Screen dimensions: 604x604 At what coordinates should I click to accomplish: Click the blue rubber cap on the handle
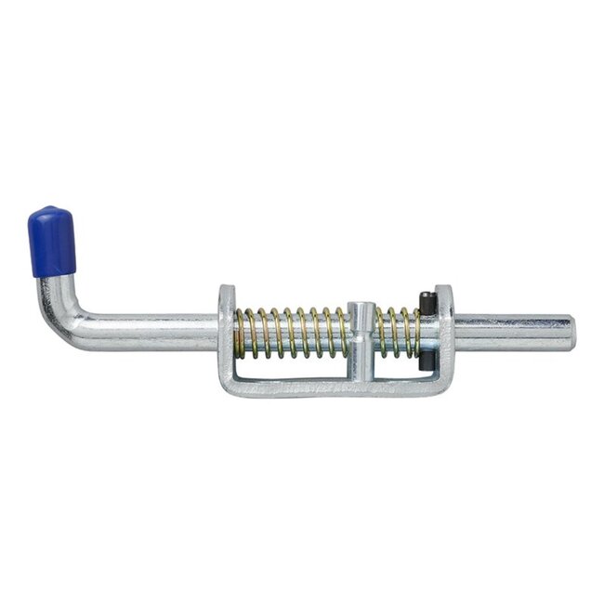[x=52, y=242]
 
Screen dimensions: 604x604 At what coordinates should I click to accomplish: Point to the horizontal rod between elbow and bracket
[x=149, y=330]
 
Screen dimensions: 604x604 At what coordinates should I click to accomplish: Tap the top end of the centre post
[x=362, y=307]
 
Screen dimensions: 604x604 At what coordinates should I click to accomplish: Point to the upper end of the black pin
[x=427, y=300]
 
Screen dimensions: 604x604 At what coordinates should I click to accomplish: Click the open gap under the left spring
[x=293, y=369]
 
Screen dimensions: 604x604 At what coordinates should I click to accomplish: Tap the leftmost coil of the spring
[x=240, y=333]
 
